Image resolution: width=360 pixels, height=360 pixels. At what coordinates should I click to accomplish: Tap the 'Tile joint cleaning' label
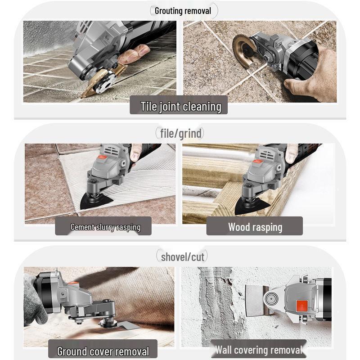[180, 107]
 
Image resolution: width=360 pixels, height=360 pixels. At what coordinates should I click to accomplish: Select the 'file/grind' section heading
[181, 133]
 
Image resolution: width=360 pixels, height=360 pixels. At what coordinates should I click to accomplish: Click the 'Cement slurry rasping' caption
[105, 227]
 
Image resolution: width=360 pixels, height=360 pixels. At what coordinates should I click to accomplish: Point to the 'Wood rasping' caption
[255, 227]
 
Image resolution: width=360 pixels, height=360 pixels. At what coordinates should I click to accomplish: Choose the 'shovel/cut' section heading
[182, 257]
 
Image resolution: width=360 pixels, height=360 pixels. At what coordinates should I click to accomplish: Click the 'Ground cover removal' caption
[103, 351]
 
